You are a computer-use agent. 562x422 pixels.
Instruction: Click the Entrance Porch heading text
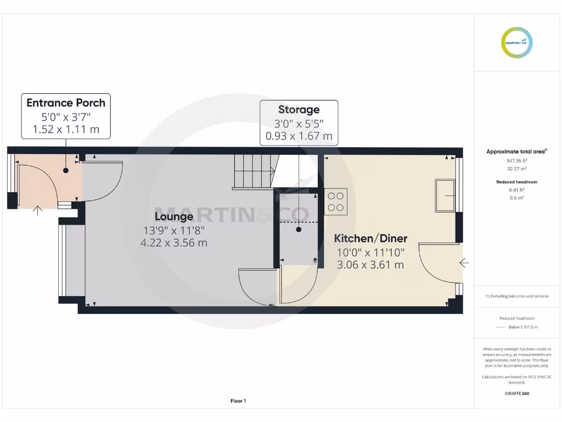point(66,103)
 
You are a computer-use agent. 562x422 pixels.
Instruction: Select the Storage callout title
point(299,109)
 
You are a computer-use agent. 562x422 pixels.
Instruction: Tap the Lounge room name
point(173,216)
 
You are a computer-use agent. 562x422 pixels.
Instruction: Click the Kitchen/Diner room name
point(370,238)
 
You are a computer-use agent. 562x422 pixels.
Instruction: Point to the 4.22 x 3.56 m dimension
point(173,242)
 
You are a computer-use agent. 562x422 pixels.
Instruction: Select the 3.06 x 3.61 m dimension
point(370,264)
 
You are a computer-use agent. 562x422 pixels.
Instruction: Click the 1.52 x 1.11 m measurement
point(66,130)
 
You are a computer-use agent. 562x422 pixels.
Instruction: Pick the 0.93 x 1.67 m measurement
point(299,136)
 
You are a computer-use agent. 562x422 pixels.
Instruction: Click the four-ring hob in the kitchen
point(335,201)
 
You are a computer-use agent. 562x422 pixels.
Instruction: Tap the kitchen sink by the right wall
point(445,195)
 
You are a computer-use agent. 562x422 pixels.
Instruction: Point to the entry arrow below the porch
point(38,210)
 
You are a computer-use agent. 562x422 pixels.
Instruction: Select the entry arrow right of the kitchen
point(464,263)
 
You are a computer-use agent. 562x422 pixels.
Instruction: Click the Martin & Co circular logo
point(517,42)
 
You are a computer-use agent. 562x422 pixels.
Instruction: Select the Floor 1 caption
point(238,401)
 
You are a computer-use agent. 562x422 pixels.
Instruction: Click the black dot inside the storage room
point(299,230)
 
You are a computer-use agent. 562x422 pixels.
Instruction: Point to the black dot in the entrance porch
point(66,170)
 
